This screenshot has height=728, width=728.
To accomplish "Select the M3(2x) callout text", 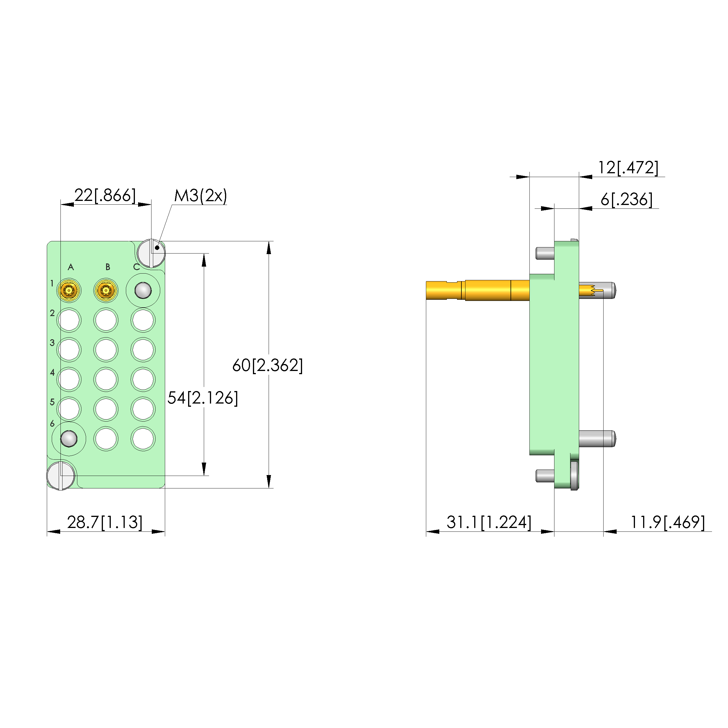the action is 201,196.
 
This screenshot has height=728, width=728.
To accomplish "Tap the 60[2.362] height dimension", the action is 267,365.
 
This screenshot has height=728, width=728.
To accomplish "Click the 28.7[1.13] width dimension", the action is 105,522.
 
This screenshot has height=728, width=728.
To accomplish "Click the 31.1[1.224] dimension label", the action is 489,522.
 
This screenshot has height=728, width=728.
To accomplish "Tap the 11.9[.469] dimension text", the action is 667,522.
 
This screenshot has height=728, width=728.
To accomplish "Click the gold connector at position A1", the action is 69,290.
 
